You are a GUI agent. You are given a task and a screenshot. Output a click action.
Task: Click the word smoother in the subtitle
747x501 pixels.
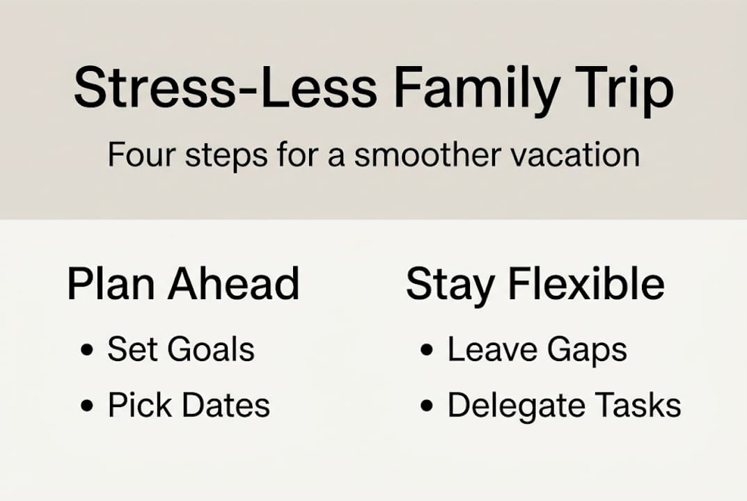420,154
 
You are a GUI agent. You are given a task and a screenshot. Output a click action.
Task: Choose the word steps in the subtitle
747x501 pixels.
226,156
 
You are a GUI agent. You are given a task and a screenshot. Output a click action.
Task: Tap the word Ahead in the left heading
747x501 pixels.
233,284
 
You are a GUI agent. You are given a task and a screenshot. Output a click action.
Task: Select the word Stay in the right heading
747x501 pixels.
450,286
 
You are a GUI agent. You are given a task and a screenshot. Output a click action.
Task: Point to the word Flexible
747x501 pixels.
586,284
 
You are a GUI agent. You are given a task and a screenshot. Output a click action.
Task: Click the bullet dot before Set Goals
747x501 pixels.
87,350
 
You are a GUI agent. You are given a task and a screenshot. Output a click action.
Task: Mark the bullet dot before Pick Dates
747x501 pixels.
87,406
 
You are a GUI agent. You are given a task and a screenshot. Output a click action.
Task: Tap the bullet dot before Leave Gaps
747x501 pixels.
427,350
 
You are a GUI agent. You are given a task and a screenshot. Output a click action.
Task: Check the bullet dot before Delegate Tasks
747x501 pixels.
427,406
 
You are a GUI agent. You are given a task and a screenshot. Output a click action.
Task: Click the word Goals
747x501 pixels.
210,349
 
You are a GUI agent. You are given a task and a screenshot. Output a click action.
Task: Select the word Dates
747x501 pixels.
226,405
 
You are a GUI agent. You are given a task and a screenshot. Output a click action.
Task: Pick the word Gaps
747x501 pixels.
587,351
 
